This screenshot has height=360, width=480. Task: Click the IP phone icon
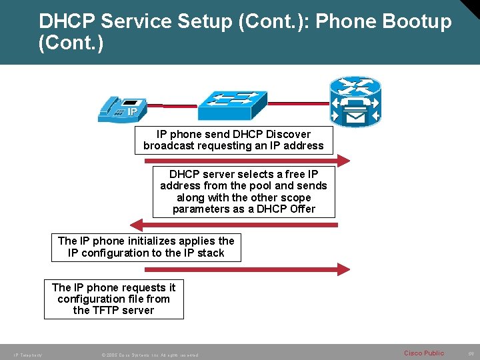pyautogui.click(x=121, y=108)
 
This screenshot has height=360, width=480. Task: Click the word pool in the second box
pyautogui.click(x=261, y=186)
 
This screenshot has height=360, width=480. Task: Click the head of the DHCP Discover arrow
pyautogui.click(x=343, y=160)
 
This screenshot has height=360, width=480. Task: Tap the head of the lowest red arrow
pyautogui.click(x=343, y=269)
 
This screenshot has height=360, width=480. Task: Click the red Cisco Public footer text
pyautogui.click(x=424, y=353)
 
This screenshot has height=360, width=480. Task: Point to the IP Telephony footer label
pyautogui.click(x=28, y=355)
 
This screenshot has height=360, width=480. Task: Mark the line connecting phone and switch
pyautogui.click(x=173, y=105)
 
